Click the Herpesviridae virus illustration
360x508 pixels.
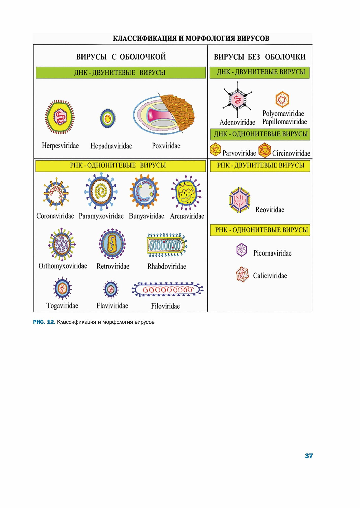click(x=60, y=117)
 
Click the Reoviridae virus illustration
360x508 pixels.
click(x=240, y=200)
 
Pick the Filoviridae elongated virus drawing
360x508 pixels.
click(x=168, y=290)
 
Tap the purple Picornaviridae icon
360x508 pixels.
click(x=241, y=250)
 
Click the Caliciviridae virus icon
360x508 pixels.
click(x=242, y=275)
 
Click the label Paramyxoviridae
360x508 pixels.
click(x=101, y=216)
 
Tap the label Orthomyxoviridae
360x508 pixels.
click(x=63, y=266)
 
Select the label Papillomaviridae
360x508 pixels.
click(x=284, y=122)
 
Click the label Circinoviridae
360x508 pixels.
click(x=291, y=153)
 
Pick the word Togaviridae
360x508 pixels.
click(x=62, y=306)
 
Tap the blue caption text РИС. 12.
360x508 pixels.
click(x=44, y=322)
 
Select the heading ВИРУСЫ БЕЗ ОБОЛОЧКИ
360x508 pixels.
click(x=259, y=57)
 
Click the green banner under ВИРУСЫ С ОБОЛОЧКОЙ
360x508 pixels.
click(x=121, y=73)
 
